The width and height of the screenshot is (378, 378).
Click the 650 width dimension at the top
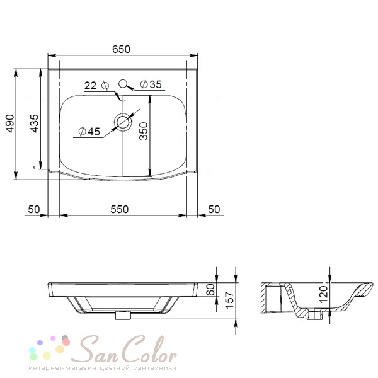pos(121,49)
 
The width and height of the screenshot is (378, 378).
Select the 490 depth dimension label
pos(10,123)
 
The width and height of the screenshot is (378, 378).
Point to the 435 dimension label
pos(34,123)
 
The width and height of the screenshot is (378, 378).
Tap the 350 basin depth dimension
pos(144,131)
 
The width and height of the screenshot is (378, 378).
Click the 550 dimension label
pos(120,209)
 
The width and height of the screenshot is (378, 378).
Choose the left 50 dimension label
pos(34,209)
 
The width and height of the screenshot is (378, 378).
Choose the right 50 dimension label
pos(214,209)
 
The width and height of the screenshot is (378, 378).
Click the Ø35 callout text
pos(151,84)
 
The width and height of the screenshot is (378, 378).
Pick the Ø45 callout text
pos(89,132)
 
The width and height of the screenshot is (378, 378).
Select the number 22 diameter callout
pos(90,85)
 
